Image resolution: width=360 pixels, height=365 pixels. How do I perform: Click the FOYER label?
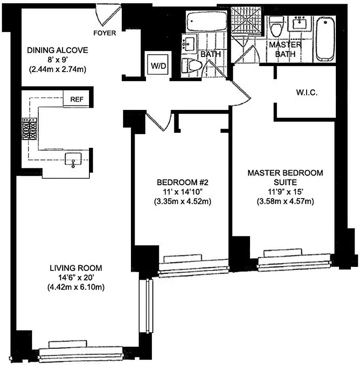[104, 33]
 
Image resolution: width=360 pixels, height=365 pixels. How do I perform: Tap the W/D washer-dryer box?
[158, 66]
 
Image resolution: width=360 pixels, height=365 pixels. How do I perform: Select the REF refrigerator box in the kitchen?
[76, 99]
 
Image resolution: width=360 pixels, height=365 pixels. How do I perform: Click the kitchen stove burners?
[29, 129]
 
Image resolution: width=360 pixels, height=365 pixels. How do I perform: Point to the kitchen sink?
[73, 159]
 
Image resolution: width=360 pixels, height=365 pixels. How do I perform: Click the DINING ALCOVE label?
[57, 50]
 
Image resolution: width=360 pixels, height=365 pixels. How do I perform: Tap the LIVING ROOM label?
[76, 268]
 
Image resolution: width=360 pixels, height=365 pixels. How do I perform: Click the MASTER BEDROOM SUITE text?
[285, 177]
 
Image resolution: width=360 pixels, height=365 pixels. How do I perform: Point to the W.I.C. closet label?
[307, 93]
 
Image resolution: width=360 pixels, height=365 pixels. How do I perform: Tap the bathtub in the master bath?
[325, 39]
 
